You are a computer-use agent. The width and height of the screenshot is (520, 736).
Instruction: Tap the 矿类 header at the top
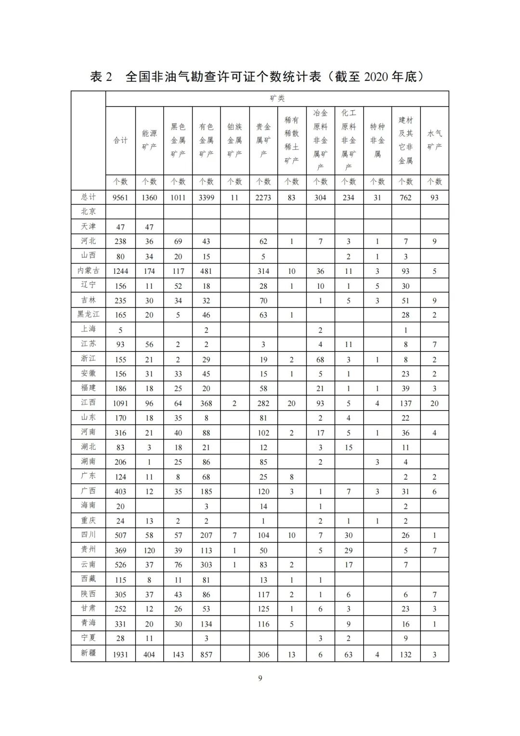pyautogui.click(x=277, y=98)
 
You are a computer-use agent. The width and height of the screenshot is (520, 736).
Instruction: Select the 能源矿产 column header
pyautogui.click(x=149, y=140)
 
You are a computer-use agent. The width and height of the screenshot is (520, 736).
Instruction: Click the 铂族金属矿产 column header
pyautogui.click(x=234, y=140)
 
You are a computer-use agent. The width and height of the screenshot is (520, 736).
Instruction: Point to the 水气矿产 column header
pyautogui.click(x=434, y=140)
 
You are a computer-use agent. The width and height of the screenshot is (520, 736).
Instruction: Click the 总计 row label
pyautogui.click(x=89, y=197)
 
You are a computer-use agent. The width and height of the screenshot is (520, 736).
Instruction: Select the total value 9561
pyautogui.click(x=120, y=198)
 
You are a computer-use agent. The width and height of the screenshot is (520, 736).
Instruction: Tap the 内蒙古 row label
pyautogui.click(x=89, y=270)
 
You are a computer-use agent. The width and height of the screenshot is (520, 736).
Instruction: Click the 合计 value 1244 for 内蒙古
pyautogui.click(x=120, y=271)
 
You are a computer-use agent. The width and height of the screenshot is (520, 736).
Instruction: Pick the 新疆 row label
pyautogui.click(x=89, y=653)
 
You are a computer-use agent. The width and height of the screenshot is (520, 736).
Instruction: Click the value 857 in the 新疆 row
pyautogui.click(x=206, y=655)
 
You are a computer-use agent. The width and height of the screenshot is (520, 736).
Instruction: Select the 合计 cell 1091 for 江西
pyautogui.click(x=120, y=403)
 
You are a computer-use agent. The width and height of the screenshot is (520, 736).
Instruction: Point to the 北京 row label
pyautogui.click(x=89, y=211)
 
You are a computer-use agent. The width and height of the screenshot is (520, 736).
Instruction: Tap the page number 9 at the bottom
pyautogui.click(x=260, y=678)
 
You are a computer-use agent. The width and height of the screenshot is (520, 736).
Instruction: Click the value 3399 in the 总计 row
pyautogui.click(x=206, y=198)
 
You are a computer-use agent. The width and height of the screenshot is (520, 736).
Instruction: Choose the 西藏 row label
pyautogui.click(x=89, y=579)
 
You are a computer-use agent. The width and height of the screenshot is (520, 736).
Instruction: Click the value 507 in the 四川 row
pyautogui.click(x=120, y=535)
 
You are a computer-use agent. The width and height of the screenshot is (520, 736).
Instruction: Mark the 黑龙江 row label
pyautogui.click(x=89, y=314)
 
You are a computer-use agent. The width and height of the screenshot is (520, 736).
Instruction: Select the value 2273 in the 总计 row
pyautogui.click(x=263, y=198)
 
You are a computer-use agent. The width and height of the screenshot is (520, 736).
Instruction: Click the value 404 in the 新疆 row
pyautogui.click(x=149, y=655)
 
